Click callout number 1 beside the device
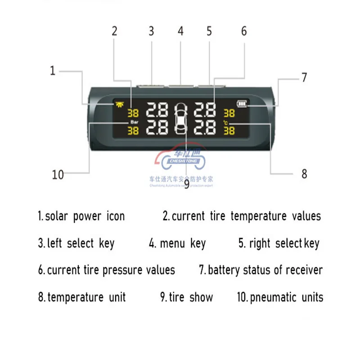pyautogui.click(x=53, y=71)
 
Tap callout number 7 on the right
pyautogui.click(x=304, y=77)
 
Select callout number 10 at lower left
pyautogui.click(x=58, y=175)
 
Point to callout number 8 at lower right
pyautogui.click(x=304, y=173)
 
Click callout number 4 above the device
pyautogui.click(x=180, y=31)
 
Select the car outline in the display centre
pyautogui.click(x=181, y=118)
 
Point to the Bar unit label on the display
pyautogui.click(x=134, y=122)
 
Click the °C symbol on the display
pyautogui.click(x=226, y=122)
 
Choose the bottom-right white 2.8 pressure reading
pyautogui.click(x=205, y=128)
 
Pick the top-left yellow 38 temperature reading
pyautogui.click(x=134, y=113)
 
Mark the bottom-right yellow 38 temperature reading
pyautogui.click(x=229, y=130)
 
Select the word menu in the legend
pyautogui.click(x=172, y=243)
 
